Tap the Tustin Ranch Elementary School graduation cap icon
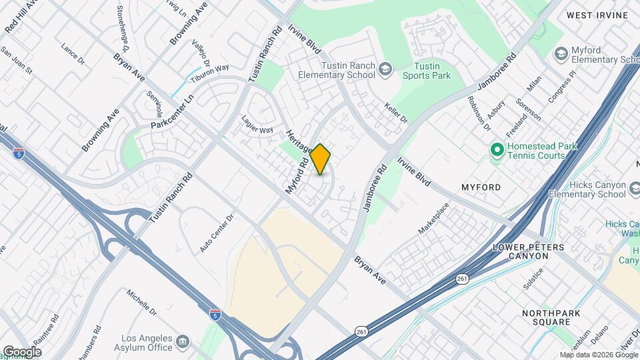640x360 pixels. [x=385, y=69]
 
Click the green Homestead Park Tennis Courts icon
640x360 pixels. [x=496, y=150]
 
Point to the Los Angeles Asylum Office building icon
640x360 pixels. [x=182, y=344]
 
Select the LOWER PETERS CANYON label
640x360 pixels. [x=528, y=251]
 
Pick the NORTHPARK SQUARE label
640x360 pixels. [x=551, y=318]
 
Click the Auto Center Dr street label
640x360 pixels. [x=217, y=233]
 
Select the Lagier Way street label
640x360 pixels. [x=257, y=125]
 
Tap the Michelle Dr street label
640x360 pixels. [x=141, y=303]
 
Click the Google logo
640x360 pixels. [x=22, y=352]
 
